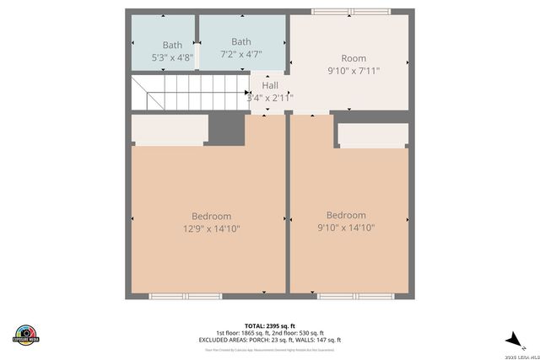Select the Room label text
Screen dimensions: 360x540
pos(354,58)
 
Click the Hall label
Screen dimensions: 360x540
pos(270,86)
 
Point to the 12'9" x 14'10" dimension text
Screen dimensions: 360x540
pos(212,228)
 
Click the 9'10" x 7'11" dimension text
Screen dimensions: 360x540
pos(354,71)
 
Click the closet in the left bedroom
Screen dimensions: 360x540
pos(170,128)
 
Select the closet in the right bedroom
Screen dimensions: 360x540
pos(372,135)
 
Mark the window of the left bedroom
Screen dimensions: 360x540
pos(185,296)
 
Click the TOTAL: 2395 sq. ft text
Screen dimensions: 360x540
pos(270,325)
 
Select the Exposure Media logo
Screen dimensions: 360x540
pos(26,334)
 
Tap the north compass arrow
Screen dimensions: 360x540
pos(512,339)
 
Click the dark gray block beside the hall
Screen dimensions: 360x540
pos(225,128)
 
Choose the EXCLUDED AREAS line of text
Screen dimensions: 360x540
pos(270,340)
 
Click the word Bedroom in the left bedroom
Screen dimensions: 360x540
pos(211,217)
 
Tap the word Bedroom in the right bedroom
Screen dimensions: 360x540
pos(346,215)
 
